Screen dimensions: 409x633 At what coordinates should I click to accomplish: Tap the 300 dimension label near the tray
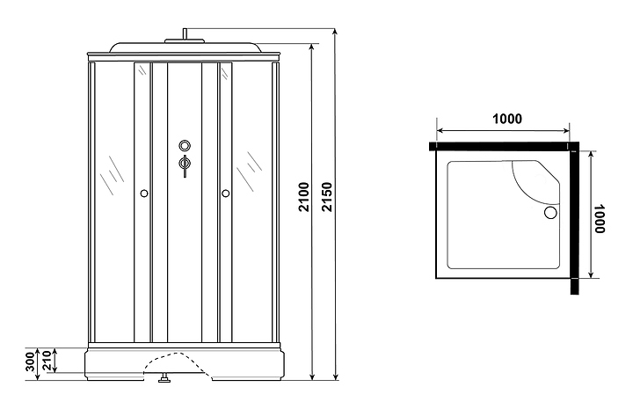pyautogui.click(x=32, y=361)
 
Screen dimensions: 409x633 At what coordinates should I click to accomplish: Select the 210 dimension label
pyautogui.click(x=50, y=361)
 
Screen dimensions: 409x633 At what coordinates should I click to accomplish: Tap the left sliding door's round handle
pyautogui.click(x=143, y=193)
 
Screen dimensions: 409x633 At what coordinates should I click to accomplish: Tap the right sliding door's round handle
pyautogui.click(x=225, y=193)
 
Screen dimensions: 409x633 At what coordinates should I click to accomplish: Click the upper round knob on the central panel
pyautogui.click(x=185, y=146)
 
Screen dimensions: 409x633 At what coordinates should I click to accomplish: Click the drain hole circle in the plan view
pyautogui.click(x=551, y=212)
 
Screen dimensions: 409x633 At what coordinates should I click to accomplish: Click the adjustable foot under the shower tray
pyautogui.click(x=162, y=381)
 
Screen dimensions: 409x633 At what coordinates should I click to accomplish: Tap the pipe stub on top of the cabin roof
pyautogui.click(x=185, y=36)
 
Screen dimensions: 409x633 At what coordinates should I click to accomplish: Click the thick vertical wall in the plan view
pyautogui.click(x=574, y=220)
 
